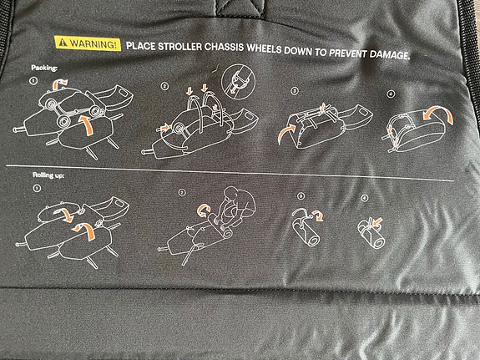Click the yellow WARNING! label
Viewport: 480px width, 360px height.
point(88,43)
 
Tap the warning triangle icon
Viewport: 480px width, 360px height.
point(63,43)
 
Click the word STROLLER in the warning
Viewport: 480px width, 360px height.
point(179,46)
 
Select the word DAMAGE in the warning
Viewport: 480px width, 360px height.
point(389,54)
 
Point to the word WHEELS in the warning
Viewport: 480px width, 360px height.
point(264,48)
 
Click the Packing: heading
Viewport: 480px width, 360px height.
point(44,68)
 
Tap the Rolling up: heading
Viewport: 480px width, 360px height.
point(48,175)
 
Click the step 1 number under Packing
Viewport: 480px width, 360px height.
point(33,81)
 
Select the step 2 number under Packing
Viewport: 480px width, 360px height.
point(164,86)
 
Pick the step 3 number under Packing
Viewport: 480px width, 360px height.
point(294,91)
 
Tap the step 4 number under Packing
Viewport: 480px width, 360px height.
point(391,94)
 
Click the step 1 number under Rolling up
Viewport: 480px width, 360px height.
point(37,188)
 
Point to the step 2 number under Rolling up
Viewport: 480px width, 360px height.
point(182,192)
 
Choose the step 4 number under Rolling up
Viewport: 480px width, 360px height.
point(364,198)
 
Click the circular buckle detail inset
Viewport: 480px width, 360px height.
point(238,81)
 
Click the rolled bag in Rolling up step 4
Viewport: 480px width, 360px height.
point(371,235)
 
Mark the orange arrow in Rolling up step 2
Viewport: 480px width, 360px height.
point(203,210)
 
